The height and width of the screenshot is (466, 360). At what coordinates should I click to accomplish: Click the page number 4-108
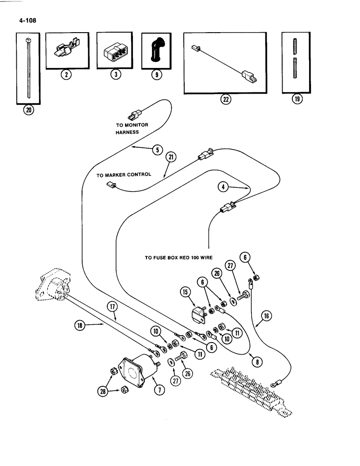[28, 21]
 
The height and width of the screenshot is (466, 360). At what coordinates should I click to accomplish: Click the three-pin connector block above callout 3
[114, 52]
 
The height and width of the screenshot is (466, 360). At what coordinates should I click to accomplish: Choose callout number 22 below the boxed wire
[226, 99]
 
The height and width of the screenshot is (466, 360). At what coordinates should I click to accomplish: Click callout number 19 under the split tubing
[297, 99]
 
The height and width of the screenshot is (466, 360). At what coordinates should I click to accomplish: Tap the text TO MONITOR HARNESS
[132, 129]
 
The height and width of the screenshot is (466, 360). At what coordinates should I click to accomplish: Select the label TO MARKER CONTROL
[124, 175]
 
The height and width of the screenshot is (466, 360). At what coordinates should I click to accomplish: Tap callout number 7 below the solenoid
[159, 390]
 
